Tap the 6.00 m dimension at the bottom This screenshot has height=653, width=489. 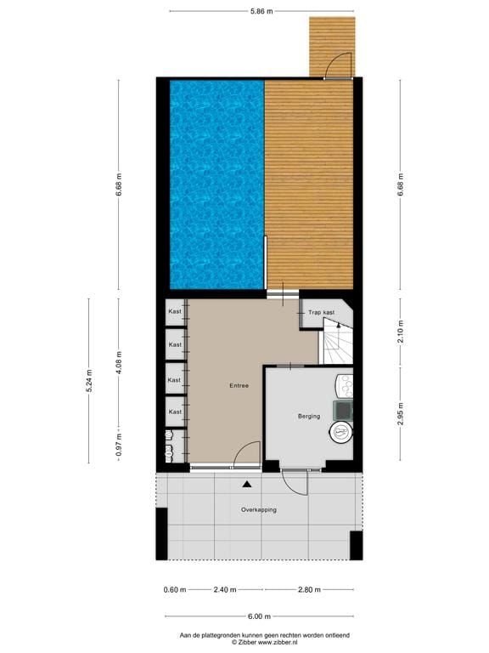tap(261, 618)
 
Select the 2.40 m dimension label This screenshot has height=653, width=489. tap(225, 588)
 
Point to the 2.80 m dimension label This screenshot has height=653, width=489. tap(308, 588)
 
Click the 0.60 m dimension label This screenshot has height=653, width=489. tap(174, 588)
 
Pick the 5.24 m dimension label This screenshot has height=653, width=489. tap(88, 380)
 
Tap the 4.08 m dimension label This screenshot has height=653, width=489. tap(119, 361)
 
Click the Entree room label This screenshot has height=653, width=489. tap(239, 386)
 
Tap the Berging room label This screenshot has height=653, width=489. tap(308, 416)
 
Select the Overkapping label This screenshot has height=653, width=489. tap(258, 510)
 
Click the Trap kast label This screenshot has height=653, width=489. tap(321, 313)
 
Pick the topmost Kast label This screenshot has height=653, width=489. tap(175, 311)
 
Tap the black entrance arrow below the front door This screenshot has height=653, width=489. tap(247, 484)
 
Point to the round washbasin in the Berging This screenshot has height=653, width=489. tap(340, 432)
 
